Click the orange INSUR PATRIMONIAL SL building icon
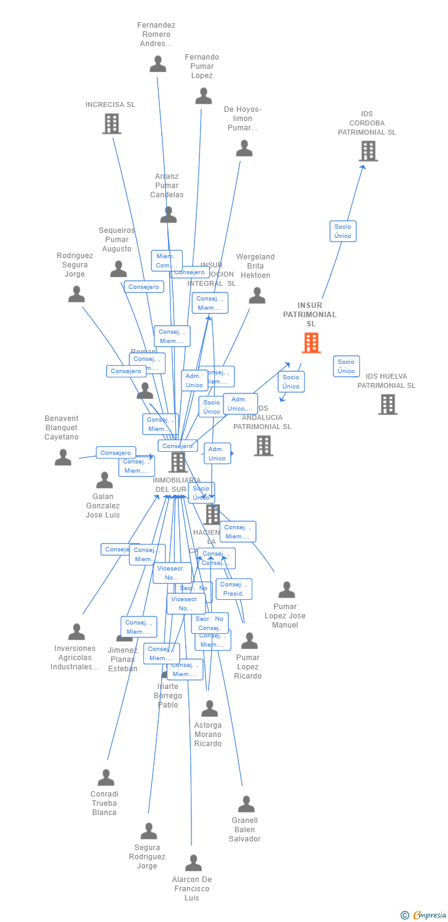[311, 343]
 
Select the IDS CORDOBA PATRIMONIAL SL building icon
[368, 151]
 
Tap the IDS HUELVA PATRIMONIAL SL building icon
[388, 404]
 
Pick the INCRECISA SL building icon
[111, 124]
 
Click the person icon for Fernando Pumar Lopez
[204, 96]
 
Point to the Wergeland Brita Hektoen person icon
[257, 296]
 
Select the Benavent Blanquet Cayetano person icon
[63, 457]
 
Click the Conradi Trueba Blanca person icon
[106, 778]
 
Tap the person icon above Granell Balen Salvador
[246, 804]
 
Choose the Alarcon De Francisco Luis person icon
[193, 863]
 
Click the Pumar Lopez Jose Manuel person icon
[286, 590]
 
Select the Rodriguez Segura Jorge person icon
[76, 294]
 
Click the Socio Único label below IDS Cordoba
[343, 231]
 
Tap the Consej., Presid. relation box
[234, 589]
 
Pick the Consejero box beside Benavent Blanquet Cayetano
[116, 452]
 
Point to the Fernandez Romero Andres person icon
[158, 64]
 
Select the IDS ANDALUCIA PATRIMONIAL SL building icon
[263, 446]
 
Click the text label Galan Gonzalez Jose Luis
[103, 506]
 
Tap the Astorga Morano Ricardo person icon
[209, 709]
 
